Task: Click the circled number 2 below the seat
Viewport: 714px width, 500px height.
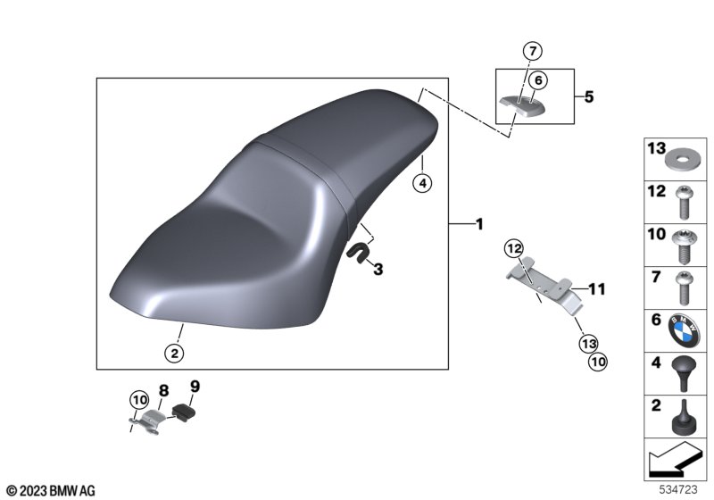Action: [174, 353]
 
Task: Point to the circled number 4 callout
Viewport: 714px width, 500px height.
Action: [422, 184]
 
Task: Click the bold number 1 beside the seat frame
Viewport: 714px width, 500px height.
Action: [479, 224]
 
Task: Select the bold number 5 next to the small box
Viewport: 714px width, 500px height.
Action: [589, 97]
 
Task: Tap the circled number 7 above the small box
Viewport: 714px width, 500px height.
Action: [533, 51]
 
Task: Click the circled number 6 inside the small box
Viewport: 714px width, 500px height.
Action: [538, 80]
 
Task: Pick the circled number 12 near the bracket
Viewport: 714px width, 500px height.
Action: [514, 248]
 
